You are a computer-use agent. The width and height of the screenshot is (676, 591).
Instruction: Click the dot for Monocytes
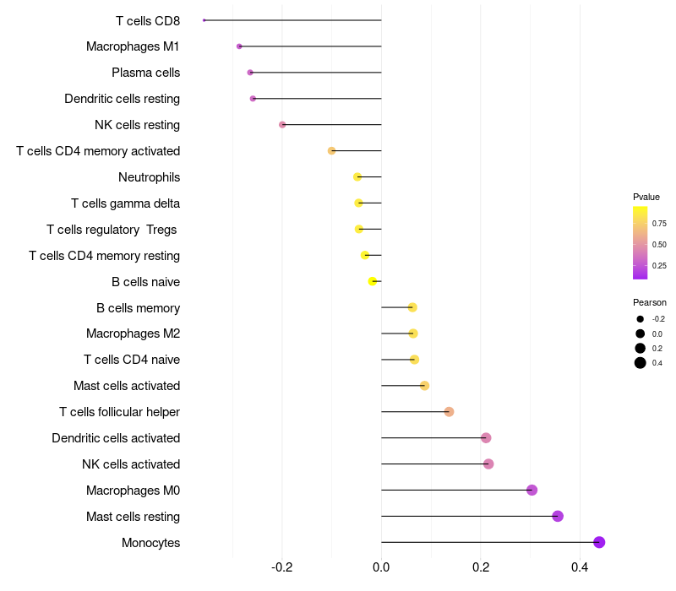pyautogui.click(x=599, y=542)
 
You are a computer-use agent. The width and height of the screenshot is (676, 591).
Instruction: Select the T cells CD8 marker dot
pyautogui.click(x=204, y=20)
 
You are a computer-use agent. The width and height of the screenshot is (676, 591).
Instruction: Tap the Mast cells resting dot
pyautogui.click(x=558, y=516)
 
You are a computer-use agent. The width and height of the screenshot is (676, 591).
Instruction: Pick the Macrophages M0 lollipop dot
pyautogui.click(x=532, y=491)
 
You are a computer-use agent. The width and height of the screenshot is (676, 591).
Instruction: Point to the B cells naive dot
pyautogui.click(x=373, y=281)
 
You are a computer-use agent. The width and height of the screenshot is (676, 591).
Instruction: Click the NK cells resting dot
pyautogui.click(x=282, y=124)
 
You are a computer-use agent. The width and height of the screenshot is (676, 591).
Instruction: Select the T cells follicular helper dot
pyautogui.click(x=449, y=412)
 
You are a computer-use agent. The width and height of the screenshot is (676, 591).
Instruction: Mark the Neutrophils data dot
pyautogui.click(x=357, y=177)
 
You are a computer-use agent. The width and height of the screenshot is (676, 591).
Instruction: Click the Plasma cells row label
pyautogui.click(x=145, y=73)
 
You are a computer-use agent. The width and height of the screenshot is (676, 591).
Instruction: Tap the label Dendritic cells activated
pyautogui.click(x=116, y=438)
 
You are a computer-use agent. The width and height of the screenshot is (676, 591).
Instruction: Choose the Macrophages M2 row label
pyautogui.click(x=134, y=333)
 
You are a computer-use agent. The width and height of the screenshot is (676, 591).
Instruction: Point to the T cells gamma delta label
pyautogui.click(x=125, y=203)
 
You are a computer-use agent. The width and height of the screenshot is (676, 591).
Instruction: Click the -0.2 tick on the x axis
pyautogui.click(x=282, y=567)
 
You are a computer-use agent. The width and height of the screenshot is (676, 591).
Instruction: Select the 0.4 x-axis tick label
pyautogui.click(x=580, y=567)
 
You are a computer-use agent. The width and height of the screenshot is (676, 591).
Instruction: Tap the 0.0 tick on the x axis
pyautogui.click(x=381, y=567)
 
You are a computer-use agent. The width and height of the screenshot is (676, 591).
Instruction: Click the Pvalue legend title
pyautogui.click(x=646, y=197)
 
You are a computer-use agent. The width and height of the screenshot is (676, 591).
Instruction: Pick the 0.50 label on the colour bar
pyautogui.click(x=659, y=245)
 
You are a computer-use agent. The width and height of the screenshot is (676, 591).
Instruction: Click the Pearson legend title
pyautogui.click(x=650, y=302)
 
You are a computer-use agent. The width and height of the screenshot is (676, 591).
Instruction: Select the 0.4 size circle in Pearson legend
pyautogui.click(x=641, y=363)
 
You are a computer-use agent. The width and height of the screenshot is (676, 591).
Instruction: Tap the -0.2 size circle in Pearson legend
pyautogui.click(x=641, y=319)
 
